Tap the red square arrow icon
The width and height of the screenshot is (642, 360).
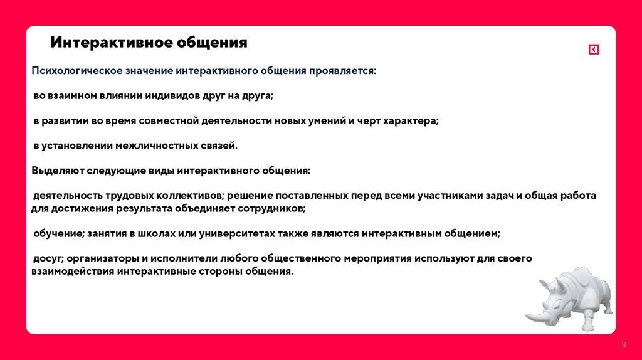coord(594,50)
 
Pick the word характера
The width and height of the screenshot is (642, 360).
coord(408,120)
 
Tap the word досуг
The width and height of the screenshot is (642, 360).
coord(48,258)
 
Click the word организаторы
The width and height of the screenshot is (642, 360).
coord(102,258)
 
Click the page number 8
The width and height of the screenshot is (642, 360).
coord(624,346)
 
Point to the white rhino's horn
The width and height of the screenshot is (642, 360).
coord(532,315)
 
